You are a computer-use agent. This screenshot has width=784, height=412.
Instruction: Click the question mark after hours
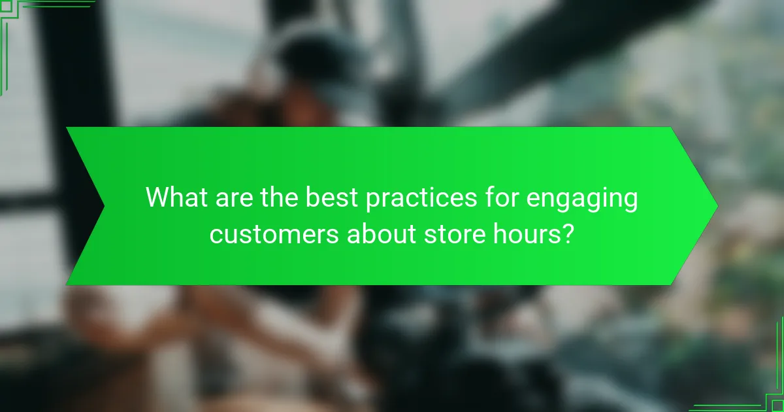point(570,233)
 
